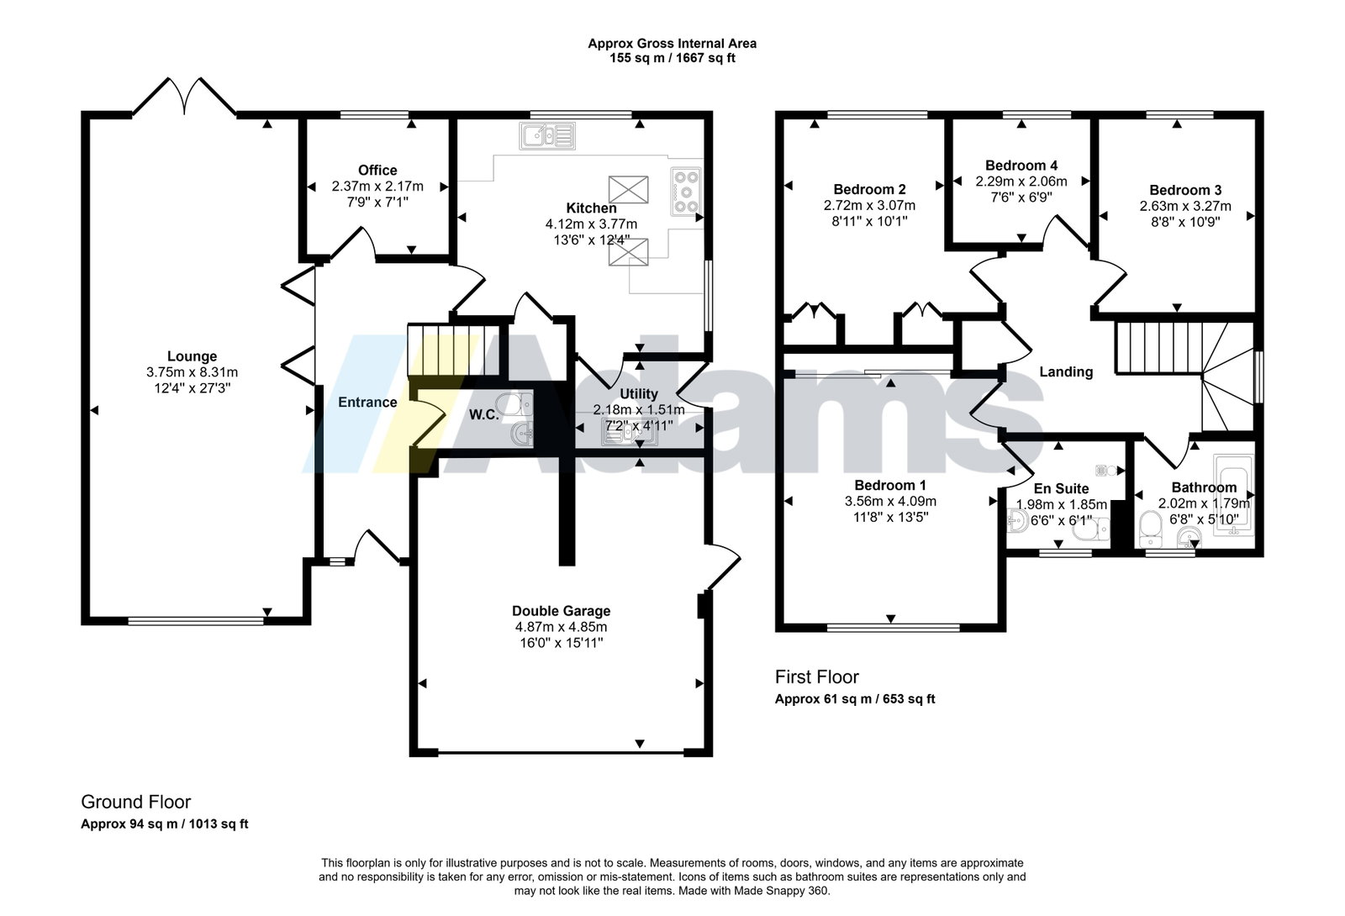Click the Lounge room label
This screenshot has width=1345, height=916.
click(x=192, y=356)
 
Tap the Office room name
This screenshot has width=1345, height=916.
click(x=377, y=171)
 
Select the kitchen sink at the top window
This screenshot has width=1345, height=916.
click(x=547, y=136)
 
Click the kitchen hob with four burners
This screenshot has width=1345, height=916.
click(x=686, y=192)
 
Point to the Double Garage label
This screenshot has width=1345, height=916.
click(x=561, y=611)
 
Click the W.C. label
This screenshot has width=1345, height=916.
click(x=484, y=415)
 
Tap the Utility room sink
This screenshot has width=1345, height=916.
click(x=629, y=432)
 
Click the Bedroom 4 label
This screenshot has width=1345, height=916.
click(x=1021, y=166)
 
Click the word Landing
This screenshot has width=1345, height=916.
click(x=1066, y=372)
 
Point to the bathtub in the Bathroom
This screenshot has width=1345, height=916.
click(x=1233, y=495)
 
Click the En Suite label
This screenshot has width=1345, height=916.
click(x=1061, y=488)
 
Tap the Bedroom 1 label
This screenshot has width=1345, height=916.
click(x=890, y=485)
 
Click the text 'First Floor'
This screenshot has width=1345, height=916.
click(x=816, y=677)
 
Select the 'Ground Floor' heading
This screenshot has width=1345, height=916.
click(x=135, y=802)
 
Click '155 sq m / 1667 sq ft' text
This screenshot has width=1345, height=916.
click(x=672, y=58)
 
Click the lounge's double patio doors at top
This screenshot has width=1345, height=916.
click(x=184, y=96)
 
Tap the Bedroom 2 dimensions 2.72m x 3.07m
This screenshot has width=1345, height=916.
click(x=869, y=205)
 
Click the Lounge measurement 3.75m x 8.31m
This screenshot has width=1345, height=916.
click(x=192, y=372)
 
